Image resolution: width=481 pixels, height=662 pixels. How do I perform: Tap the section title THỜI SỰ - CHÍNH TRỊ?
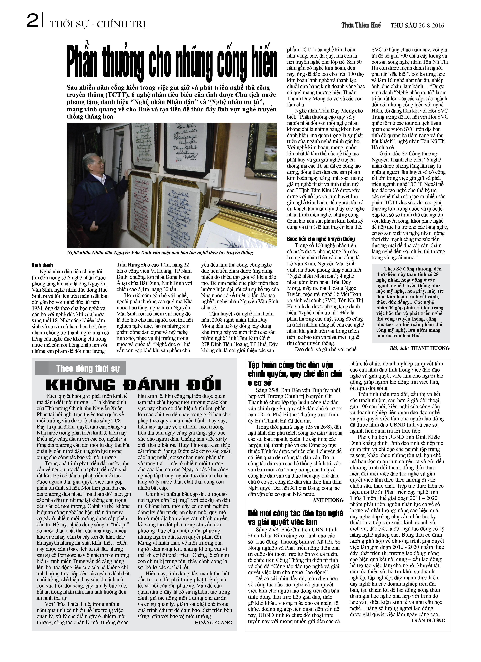point(98,24)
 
